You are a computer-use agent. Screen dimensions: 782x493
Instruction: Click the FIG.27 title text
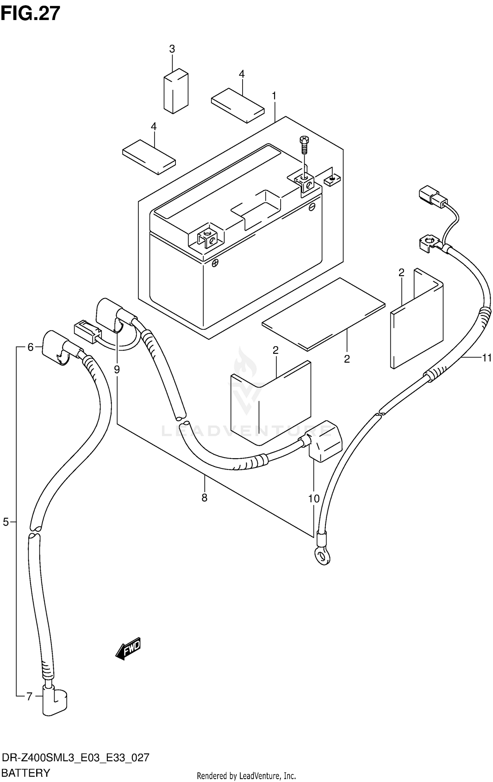[30, 14]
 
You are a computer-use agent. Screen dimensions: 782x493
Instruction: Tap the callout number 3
[172, 49]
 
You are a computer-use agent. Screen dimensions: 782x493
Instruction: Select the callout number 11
[486, 357]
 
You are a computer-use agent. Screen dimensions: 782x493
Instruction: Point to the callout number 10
[314, 499]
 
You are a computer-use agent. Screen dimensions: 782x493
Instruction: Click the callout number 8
[204, 498]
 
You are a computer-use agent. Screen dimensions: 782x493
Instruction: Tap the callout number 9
[117, 370]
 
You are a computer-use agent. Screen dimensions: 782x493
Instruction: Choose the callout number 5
[6, 522]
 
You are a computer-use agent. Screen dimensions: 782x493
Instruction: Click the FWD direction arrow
[129, 649]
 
